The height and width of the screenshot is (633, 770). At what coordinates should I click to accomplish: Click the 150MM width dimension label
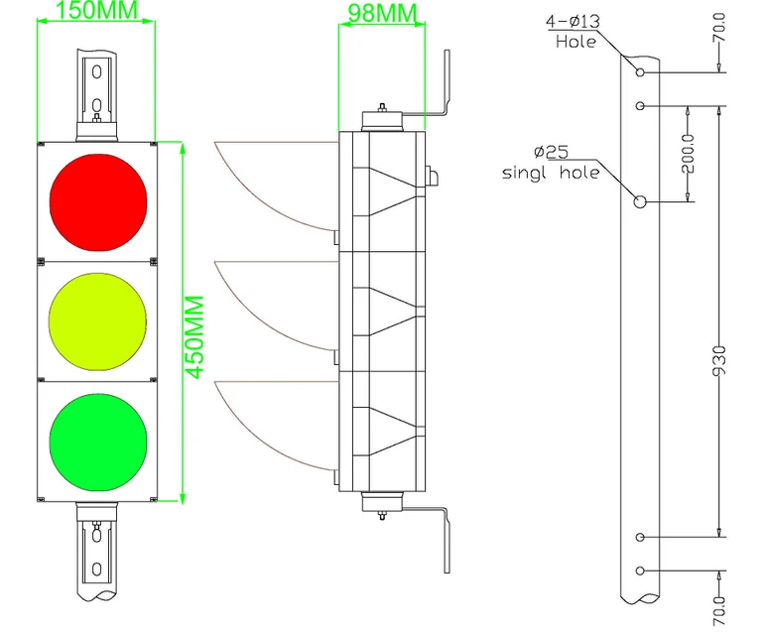point(96,12)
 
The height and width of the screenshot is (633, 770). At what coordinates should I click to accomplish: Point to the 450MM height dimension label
point(196,335)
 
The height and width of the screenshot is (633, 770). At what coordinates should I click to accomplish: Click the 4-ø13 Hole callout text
point(574,31)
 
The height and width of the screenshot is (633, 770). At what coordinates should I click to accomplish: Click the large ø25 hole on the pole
point(640,201)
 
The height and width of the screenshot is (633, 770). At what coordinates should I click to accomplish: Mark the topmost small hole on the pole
point(641,72)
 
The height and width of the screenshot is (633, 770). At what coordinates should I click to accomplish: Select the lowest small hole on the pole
point(641,570)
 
